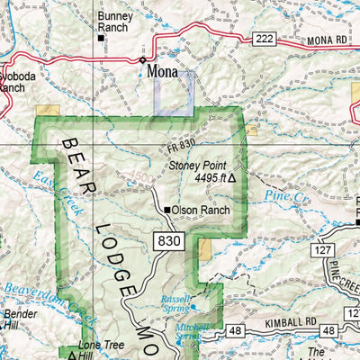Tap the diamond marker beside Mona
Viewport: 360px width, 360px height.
[143, 61]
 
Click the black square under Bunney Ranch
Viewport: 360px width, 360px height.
[102, 39]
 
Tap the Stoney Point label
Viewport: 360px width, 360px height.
[201, 166]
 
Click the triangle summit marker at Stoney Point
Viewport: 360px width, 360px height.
[232, 178]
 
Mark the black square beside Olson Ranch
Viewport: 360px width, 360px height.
[167, 211]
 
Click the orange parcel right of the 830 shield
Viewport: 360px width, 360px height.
[206, 251]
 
